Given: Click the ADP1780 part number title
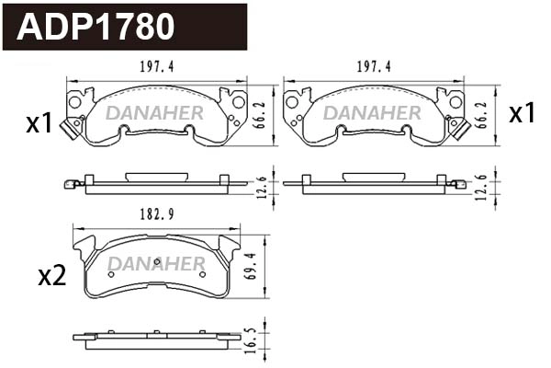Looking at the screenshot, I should [96, 27].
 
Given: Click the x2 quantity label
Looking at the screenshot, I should [51, 275].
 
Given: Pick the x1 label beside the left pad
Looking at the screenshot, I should [39, 123].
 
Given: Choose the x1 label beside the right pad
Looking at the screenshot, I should [522, 114].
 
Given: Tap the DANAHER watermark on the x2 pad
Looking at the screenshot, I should [156, 265].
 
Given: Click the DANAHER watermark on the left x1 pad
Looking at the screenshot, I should [154, 112].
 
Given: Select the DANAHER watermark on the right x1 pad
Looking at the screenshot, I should [372, 112].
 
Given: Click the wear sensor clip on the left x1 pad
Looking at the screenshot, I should [67, 129].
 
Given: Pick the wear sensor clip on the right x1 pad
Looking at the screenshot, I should [456, 129].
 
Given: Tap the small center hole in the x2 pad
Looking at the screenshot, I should [157, 261].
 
